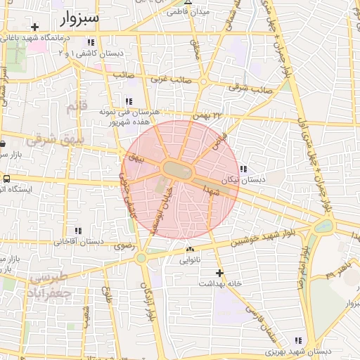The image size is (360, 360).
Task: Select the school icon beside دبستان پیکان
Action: pos(243,169)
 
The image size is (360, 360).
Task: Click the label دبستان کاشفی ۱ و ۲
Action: pos(98,53)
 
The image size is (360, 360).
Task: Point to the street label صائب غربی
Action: pos(169,80)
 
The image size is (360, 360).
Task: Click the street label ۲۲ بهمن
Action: pos(212,115)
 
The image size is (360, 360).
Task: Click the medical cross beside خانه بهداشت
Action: pos(220,272)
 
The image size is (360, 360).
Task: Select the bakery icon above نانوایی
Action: pos(190,249)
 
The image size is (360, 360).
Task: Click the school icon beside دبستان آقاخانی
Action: pos(78,231)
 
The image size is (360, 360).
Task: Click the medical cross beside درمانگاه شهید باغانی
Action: pos(34,27)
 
